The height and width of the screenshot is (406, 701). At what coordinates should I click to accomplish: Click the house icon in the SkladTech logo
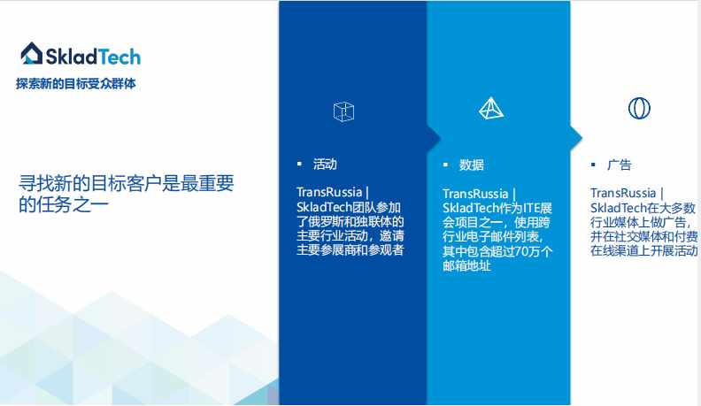point(32,53)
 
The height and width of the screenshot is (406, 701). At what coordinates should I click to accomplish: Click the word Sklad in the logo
point(71,57)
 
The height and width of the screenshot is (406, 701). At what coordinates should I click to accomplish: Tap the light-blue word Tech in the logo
point(119,57)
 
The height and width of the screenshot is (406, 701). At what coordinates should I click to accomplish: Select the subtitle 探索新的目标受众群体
point(76,83)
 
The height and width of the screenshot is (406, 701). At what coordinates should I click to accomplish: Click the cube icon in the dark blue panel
point(343,111)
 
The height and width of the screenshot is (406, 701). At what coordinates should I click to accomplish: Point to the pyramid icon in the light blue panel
point(491,108)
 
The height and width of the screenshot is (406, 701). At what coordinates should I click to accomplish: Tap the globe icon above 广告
point(639,108)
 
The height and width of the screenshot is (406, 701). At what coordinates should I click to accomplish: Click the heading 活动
point(325,165)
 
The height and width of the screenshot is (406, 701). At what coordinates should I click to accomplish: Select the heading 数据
point(472,165)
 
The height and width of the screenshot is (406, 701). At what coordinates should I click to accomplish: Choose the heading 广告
point(620,165)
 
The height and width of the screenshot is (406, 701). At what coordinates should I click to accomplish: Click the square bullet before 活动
point(299,164)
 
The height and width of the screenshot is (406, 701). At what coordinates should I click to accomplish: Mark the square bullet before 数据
point(445,165)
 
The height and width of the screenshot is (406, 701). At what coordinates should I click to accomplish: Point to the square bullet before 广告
point(593,165)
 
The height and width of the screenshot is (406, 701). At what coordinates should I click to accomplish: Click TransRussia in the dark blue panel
point(329,192)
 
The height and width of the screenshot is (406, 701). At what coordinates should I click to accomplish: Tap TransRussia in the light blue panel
point(475,194)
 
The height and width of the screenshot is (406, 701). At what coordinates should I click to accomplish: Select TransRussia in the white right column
point(623,193)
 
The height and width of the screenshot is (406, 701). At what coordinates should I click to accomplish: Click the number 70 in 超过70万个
point(521,251)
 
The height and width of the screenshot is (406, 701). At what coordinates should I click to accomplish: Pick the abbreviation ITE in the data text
point(532,208)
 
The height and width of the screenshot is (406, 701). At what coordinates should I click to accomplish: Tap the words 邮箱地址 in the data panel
point(466,266)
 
